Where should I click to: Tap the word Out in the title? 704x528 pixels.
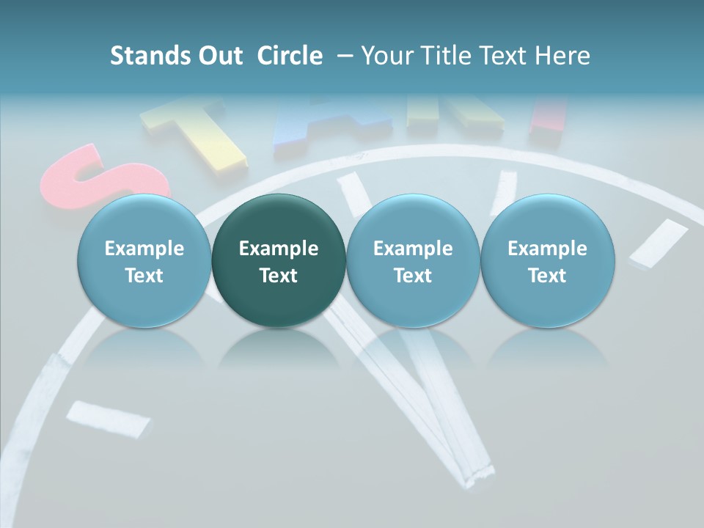tap(220, 56)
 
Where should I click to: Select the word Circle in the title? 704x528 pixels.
tap(290, 56)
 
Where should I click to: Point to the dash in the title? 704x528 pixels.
tap(342, 56)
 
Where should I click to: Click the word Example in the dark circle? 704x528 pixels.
tap(279, 249)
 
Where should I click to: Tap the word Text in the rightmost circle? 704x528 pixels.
tap(548, 276)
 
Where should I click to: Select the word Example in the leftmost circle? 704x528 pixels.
tap(144, 249)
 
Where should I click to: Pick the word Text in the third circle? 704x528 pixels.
tap(413, 276)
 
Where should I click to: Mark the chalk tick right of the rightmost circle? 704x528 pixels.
tap(659, 243)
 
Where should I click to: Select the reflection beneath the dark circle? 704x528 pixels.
tap(279, 352)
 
